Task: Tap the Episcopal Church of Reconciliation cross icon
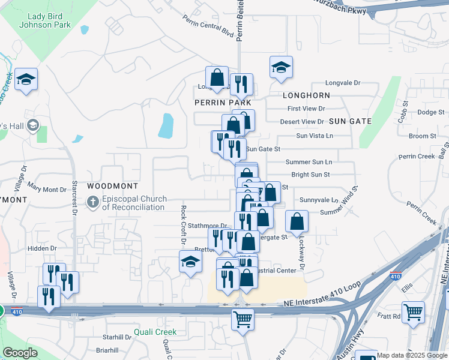[x=93, y=202]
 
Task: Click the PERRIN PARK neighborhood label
[x=222, y=103]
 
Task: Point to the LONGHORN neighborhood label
[x=306, y=95]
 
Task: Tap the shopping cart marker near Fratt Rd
[x=413, y=312]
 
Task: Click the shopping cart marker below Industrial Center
[x=243, y=319]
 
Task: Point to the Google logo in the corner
[x=20, y=353]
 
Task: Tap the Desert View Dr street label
[x=302, y=122]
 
